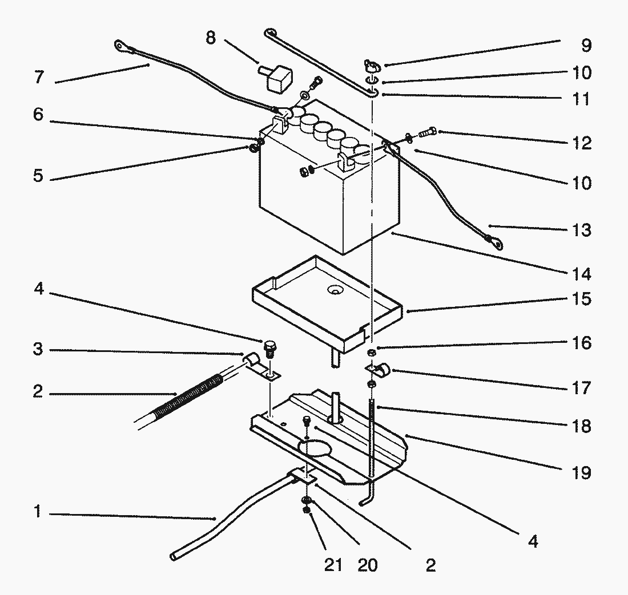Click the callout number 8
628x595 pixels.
pos(211,38)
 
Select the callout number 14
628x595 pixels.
pos(582,274)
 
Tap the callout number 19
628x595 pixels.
pos(582,473)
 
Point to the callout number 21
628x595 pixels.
pos(333,565)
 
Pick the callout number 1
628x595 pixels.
pos(38,511)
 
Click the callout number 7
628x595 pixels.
pos(39,77)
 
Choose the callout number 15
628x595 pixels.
pos(582,299)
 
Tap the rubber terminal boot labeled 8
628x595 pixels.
pos(277,78)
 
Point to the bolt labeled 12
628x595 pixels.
pos(428,132)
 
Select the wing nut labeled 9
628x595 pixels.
pos(372,65)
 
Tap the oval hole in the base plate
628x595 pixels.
pos(315,448)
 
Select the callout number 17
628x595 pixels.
pos(582,388)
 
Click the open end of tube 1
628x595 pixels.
pos(174,557)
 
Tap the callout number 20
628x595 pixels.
pos(367,565)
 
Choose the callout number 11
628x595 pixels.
pos(582,99)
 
